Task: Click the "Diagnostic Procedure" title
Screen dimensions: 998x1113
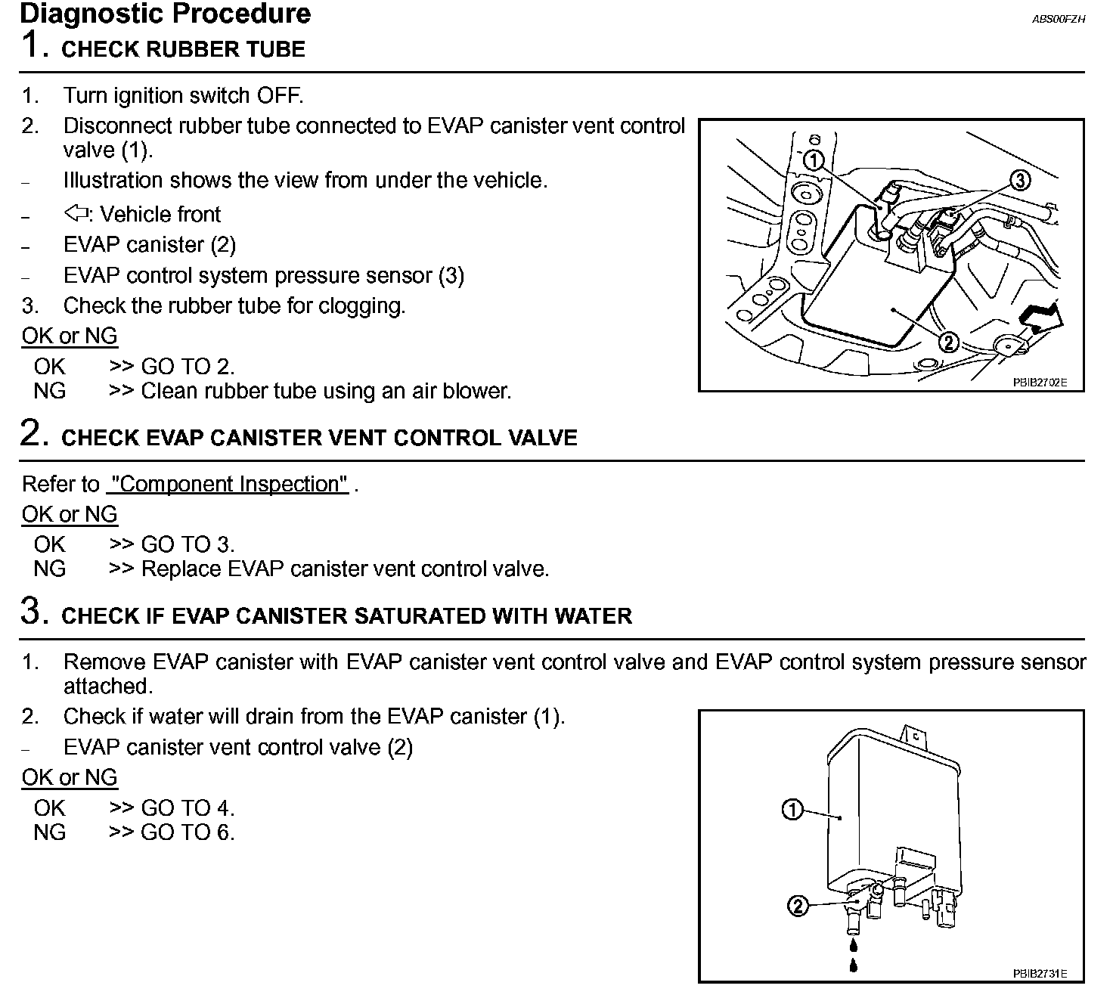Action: [165, 14]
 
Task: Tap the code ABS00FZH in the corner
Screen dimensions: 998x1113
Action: [1058, 19]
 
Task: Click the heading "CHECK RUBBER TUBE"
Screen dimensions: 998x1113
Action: [183, 50]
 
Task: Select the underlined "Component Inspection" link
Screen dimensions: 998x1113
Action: [228, 484]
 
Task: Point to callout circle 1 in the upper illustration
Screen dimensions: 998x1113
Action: [813, 160]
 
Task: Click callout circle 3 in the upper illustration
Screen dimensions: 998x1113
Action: [1019, 180]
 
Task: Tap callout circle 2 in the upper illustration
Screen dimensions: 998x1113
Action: [948, 342]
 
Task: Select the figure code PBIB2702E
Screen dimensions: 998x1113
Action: [1040, 383]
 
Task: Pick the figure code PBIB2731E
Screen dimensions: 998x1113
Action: [1040, 974]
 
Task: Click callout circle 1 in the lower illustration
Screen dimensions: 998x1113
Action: [792, 810]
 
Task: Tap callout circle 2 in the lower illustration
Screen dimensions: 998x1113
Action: [798, 905]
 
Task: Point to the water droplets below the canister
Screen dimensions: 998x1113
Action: [854, 955]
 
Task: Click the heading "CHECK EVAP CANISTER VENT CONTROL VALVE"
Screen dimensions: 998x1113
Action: [319, 439]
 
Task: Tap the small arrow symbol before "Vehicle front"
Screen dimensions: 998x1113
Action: [76, 214]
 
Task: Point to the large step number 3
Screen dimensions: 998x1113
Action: [34, 612]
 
